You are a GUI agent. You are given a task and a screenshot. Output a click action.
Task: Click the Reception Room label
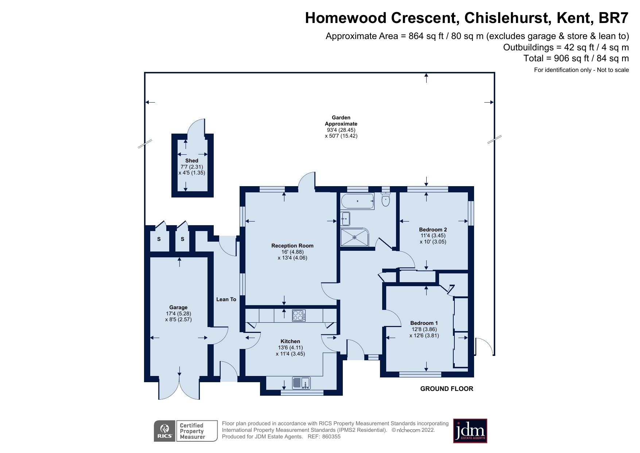[x=292, y=246]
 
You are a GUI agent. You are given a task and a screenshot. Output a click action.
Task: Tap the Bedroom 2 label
[x=433, y=230]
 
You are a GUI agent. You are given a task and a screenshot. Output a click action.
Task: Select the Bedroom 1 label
[x=424, y=323]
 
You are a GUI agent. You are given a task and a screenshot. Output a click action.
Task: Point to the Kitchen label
[x=290, y=341]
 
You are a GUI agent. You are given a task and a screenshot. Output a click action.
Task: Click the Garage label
[x=178, y=307]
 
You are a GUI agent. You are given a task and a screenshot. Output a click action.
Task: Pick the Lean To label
[x=226, y=299]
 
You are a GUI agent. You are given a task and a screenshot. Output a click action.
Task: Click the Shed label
[x=191, y=161]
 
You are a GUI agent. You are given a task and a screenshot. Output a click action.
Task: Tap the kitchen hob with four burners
[x=299, y=315]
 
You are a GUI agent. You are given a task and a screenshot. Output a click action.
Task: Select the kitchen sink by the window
[x=301, y=383]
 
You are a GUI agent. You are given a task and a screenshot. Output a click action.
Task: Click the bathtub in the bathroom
[x=357, y=201]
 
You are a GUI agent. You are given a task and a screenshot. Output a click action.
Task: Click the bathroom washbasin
[x=345, y=219]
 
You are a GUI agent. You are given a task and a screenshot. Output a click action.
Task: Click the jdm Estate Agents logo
[x=470, y=431]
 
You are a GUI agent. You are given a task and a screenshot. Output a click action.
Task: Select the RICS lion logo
[x=165, y=431]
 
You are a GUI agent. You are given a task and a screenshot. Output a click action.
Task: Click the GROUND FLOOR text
[x=446, y=389]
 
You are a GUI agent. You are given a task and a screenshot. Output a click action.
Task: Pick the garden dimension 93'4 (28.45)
[x=341, y=130]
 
